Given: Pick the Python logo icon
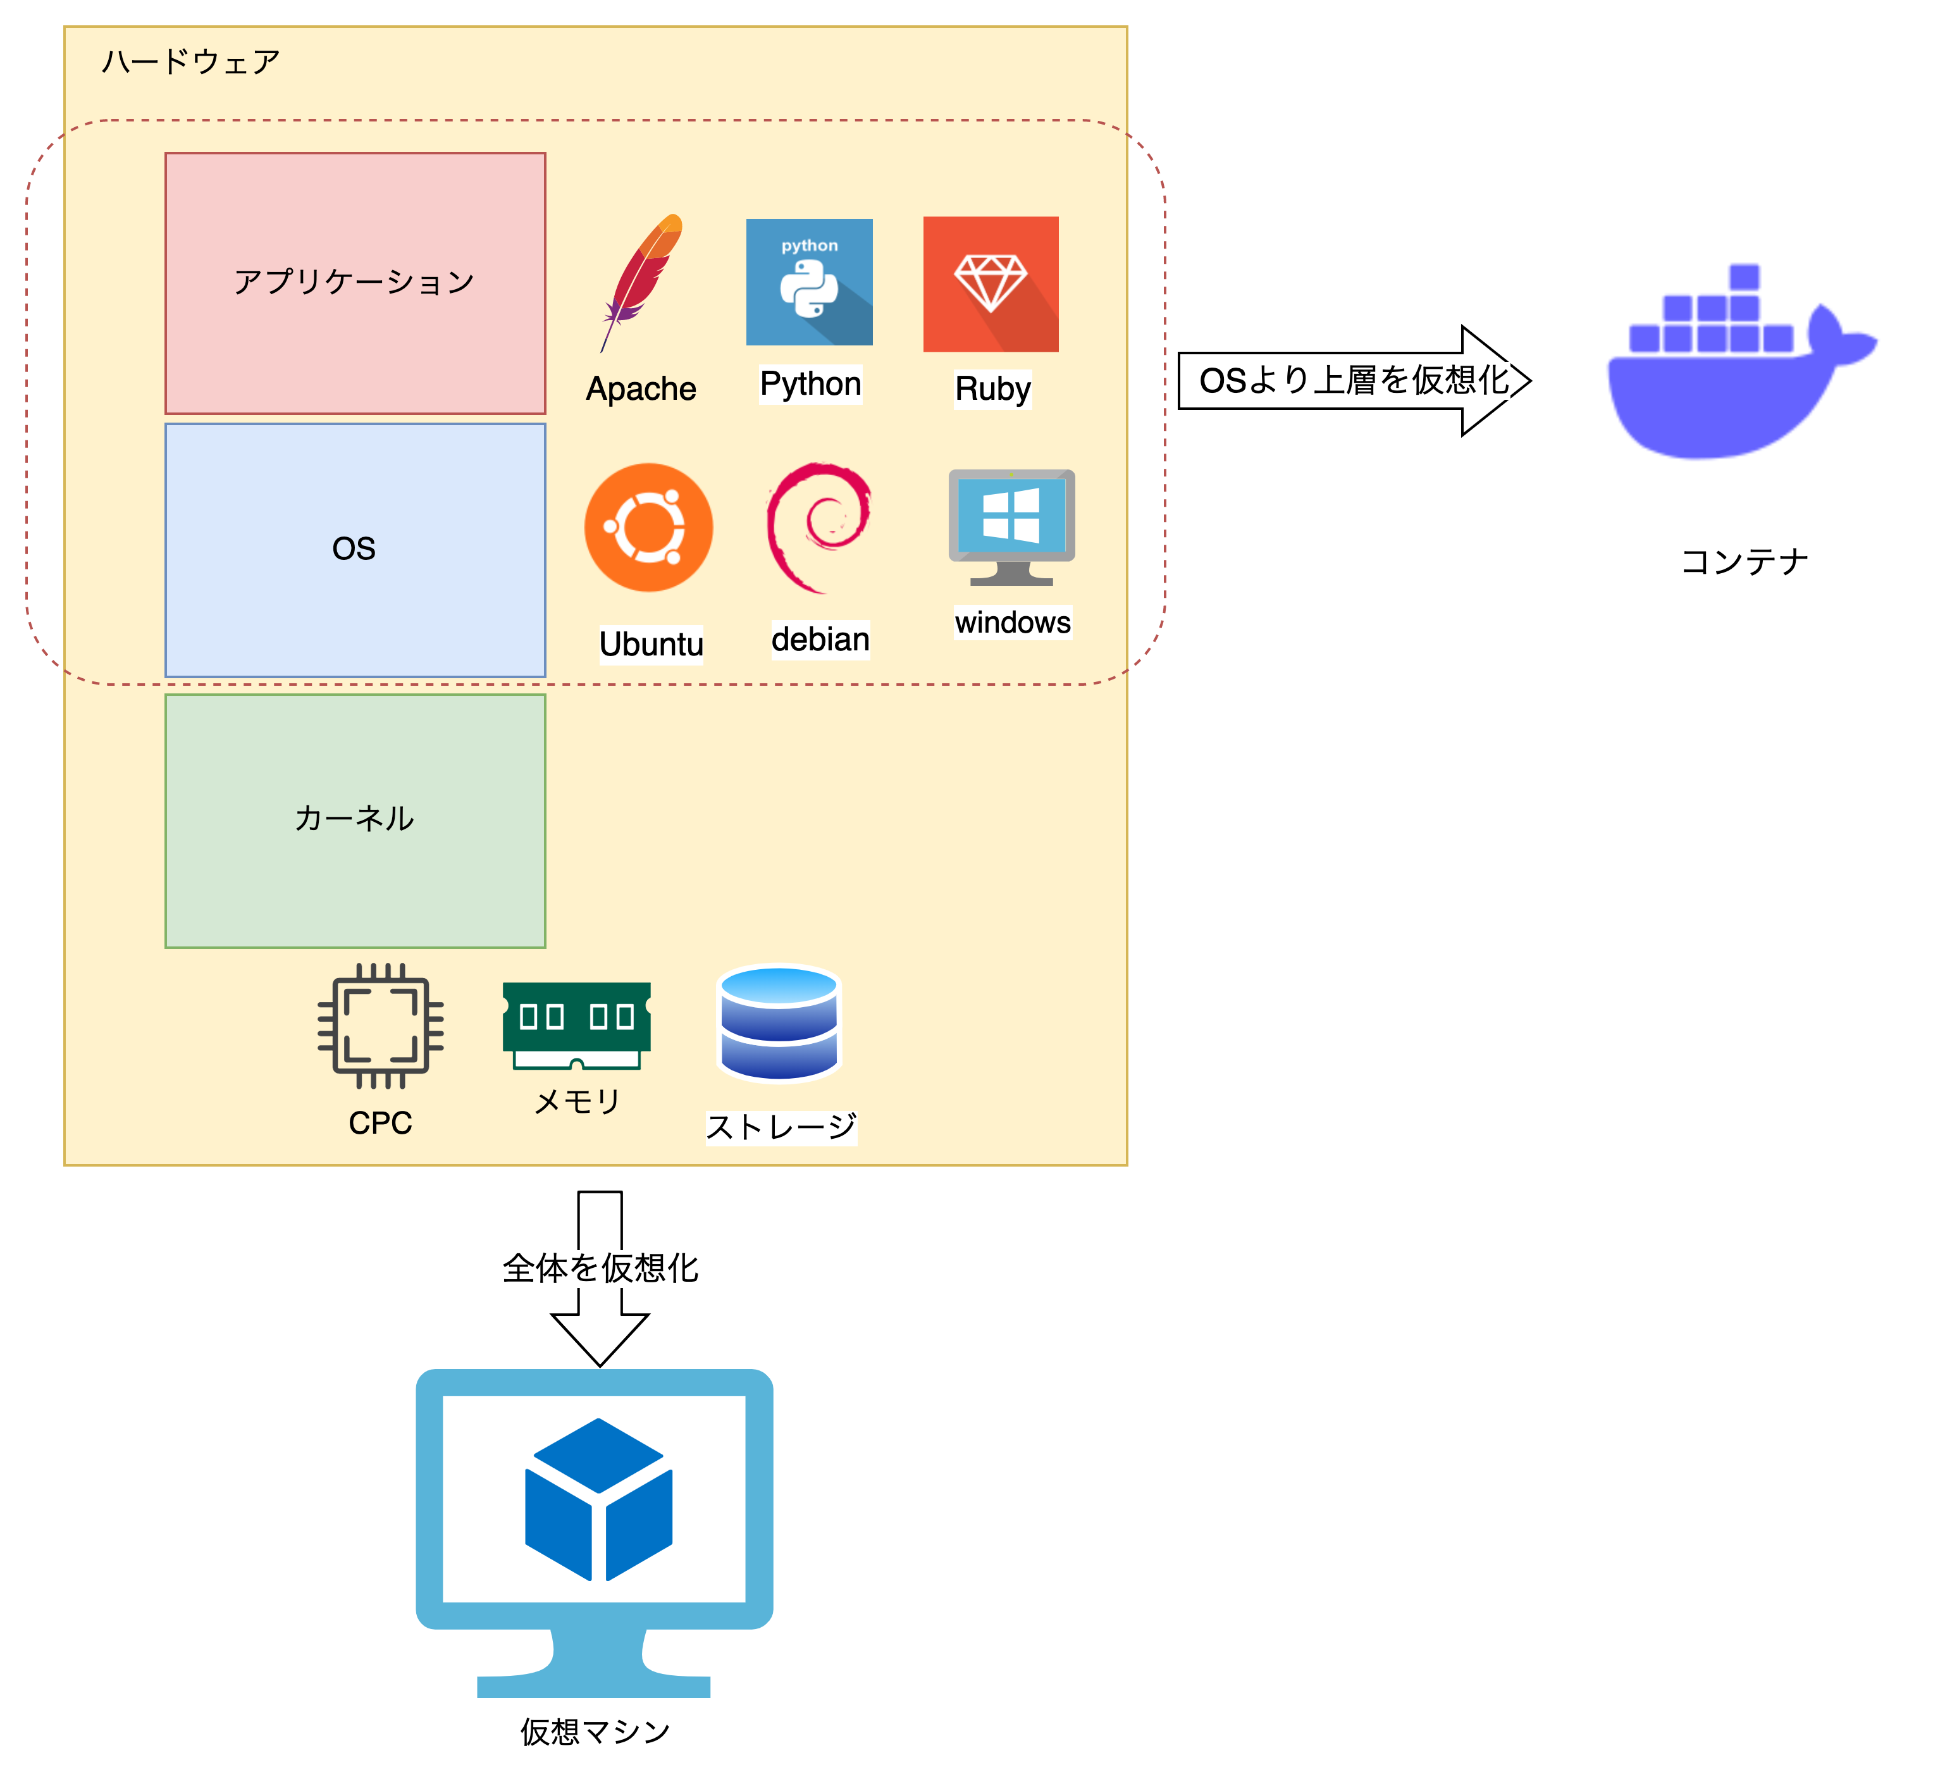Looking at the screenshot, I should click(808, 282).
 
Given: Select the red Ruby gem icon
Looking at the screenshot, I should click(991, 284).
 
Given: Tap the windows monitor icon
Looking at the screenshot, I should click(1011, 526).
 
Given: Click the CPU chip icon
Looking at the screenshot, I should click(380, 1026).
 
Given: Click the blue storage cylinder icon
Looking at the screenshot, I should click(779, 1024).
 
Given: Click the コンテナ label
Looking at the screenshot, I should click(1745, 562).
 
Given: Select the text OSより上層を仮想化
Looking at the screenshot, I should click(1354, 380).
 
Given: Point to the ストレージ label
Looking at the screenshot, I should click(781, 1126).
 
